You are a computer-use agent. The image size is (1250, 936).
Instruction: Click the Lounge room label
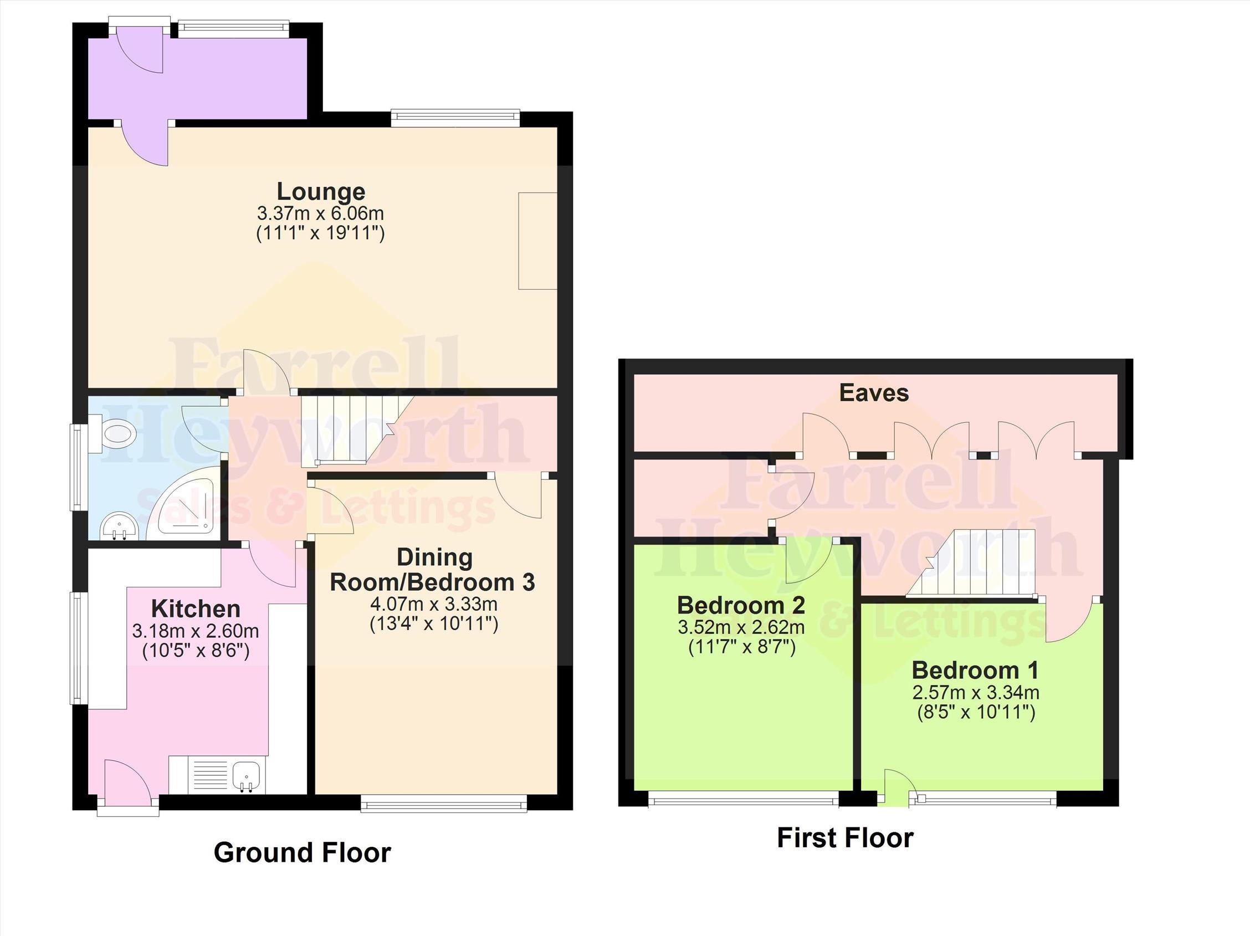click(320, 192)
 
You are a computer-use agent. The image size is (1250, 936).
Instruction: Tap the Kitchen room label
click(196, 609)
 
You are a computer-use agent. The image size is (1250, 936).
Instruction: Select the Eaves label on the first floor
click(874, 393)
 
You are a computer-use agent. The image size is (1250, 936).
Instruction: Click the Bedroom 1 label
click(975, 671)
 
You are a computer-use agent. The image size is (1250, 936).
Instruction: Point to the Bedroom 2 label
click(741, 605)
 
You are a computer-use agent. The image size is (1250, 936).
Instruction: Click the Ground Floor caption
click(302, 852)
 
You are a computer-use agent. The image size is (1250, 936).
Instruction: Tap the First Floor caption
click(845, 838)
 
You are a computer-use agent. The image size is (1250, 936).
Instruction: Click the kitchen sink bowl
click(247, 776)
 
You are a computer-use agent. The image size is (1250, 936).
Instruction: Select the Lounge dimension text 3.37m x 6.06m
click(320, 214)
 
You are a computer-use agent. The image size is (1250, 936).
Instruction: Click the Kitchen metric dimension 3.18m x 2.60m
click(196, 631)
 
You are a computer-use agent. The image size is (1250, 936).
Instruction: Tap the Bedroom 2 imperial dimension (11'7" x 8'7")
click(742, 647)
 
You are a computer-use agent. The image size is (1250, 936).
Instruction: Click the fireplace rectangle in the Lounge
click(538, 241)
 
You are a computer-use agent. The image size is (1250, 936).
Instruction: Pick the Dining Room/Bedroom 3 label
click(433, 570)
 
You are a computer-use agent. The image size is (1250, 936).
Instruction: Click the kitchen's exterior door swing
click(127, 779)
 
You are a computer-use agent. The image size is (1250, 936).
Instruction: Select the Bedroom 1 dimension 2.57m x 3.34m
click(976, 692)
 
